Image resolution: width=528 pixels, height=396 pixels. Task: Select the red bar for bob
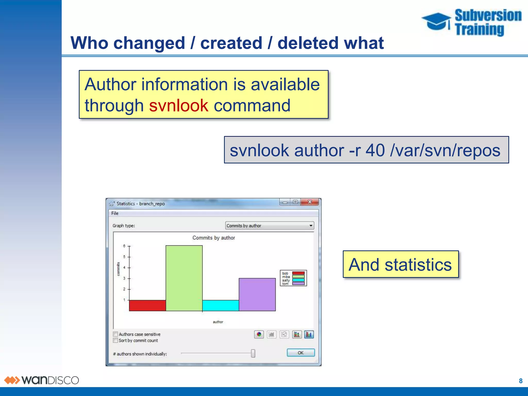[x=147, y=306]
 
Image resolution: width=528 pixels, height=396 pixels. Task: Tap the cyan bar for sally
[x=220, y=306]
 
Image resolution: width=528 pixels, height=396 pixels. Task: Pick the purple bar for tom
[x=257, y=294]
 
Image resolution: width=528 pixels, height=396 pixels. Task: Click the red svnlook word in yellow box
[x=178, y=105]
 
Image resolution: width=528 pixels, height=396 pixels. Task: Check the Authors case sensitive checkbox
[x=115, y=334]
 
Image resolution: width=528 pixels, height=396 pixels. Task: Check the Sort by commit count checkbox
[x=115, y=340]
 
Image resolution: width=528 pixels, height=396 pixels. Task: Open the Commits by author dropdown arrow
[x=311, y=226]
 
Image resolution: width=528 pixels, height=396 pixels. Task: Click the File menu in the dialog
[x=115, y=213]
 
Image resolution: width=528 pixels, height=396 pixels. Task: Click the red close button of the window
[x=310, y=202]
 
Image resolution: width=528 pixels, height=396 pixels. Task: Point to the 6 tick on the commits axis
[x=124, y=246]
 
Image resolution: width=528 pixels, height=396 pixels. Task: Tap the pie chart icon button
[x=259, y=334]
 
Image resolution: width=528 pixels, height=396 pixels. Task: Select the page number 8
[x=521, y=381]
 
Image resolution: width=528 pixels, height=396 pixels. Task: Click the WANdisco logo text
[x=50, y=380]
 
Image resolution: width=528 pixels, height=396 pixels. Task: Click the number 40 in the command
[x=375, y=150]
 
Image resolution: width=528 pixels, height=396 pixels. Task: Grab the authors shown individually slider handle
[x=253, y=353]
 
